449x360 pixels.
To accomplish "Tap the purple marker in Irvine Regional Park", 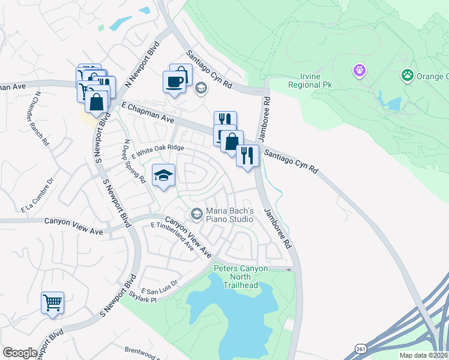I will pyautogui.click(x=360, y=71).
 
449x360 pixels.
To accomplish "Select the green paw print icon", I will pyautogui.click(x=408, y=76).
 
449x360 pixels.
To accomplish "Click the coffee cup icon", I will pyautogui.click(x=174, y=82).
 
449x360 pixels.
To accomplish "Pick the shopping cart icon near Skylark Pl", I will pyautogui.click(x=53, y=302).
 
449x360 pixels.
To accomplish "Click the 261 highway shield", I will pyautogui.click(x=360, y=348).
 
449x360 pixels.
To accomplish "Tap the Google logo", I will pyautogui.click(x=20, y=352).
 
